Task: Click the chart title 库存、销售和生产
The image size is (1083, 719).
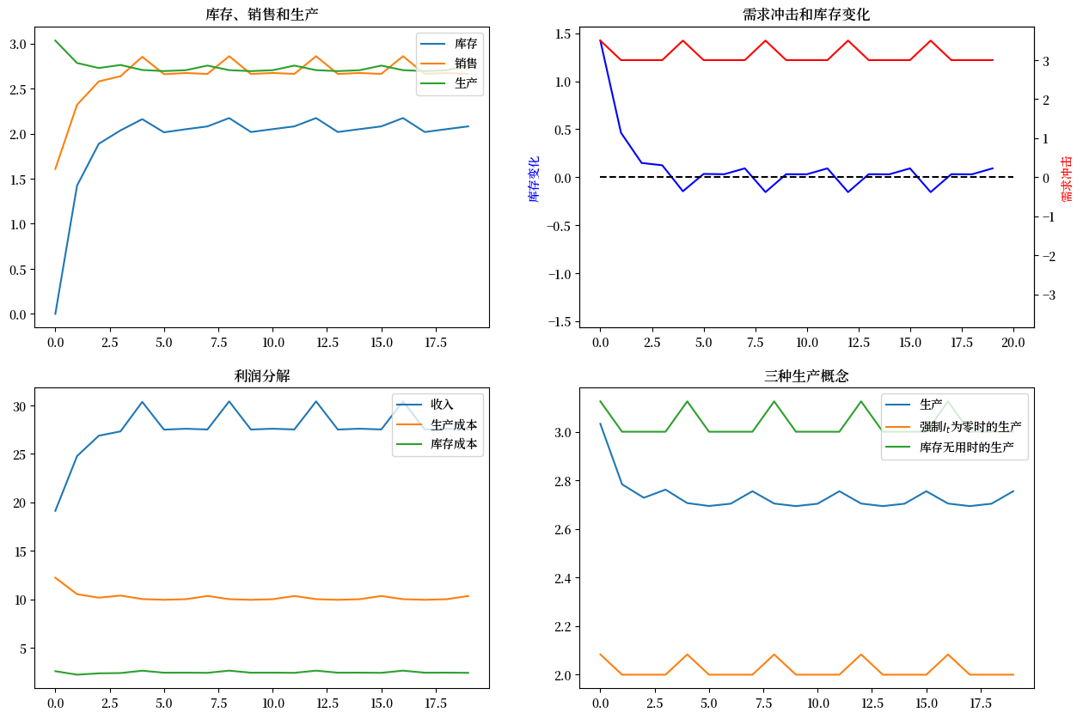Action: click(263, 15)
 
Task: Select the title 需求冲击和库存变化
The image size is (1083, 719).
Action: click(806, 15)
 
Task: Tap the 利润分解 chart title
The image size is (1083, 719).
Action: click(263, 375)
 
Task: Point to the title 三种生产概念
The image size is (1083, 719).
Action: click(806, 375)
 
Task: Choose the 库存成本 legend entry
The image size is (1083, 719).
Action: click(454, 444)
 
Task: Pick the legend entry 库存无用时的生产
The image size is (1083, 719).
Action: click(966, 448)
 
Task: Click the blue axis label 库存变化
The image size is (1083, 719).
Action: click(534, 179)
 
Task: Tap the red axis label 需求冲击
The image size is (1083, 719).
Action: click(1067, 179)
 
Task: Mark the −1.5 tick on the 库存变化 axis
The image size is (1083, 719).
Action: click(560, 321)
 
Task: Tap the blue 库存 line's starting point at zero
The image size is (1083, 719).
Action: click(55, 314)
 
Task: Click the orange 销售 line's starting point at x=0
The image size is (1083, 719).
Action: click(55, 169)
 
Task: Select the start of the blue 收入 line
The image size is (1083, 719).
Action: click(55, 511)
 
